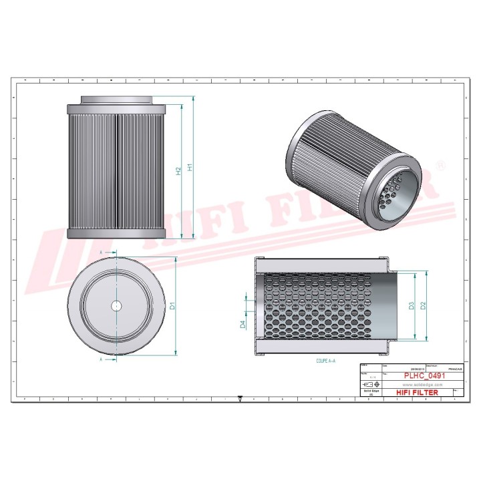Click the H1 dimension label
click(x=190, y=168)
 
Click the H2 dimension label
click(x=178, y=171)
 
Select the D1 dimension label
click(x=172, y=307)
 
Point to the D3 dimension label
click(x=412, y=305)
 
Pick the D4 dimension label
click(x=243, y=325)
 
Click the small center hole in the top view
click(x=116, y=306)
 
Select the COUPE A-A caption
click(x=326, y=360)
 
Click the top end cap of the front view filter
click(x=117, y=107)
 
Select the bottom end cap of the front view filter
click(x=117, y=233)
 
